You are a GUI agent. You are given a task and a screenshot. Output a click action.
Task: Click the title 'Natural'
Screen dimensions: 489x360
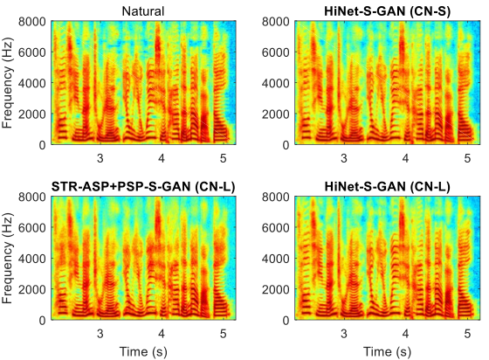click(x=143, y=11)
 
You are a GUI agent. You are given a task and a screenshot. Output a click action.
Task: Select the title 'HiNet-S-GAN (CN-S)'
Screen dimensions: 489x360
click(x=387, y=11)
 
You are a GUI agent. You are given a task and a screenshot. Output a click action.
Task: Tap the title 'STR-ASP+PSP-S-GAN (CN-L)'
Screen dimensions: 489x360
click(x=143, y=186)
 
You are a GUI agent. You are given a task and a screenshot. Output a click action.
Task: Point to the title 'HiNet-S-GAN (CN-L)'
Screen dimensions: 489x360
click(x=387, y=186)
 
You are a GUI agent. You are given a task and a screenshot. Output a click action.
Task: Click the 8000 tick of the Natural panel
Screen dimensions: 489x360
click(x=32, y=22)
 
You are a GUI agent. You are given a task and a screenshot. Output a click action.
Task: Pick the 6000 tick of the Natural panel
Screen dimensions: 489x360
click(x=32, y=52)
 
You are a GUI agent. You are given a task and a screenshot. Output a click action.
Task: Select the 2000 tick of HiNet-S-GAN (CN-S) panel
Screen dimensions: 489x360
click(x=276, y=114)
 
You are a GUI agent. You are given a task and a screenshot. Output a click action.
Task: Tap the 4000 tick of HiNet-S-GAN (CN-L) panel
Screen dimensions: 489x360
click(x=276, y=259)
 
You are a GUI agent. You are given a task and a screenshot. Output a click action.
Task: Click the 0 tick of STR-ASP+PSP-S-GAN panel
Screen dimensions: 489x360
click(x=43, y=321)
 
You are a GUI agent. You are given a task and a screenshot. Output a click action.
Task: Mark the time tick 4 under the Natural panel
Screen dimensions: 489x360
click(x=162, y=158)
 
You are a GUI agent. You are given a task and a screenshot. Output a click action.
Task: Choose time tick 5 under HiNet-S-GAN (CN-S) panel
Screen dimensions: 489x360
click(x=467, y=158)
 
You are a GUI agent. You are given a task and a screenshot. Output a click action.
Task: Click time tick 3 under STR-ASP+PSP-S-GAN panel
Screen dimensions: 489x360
click(x=100, y=334)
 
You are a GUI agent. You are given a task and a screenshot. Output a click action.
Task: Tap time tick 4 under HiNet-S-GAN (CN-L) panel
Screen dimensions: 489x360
click(x=405, y=334)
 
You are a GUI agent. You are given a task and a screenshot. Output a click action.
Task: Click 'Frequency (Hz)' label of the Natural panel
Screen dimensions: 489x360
click(x=7, y=83)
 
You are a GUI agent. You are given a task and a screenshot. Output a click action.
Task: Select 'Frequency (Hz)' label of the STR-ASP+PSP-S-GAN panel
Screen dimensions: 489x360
click(x=7, y=259)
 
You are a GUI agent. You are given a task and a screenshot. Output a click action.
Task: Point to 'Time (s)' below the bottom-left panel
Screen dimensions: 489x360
click(x=143, y=351)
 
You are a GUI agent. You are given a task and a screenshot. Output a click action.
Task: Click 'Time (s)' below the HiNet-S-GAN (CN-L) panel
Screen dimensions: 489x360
click(x=388, y=351)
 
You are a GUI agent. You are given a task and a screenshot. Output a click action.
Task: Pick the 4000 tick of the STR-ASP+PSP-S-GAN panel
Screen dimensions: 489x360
click(x=32, y=259)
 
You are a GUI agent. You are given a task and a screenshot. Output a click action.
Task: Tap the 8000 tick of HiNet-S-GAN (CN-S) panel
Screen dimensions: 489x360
click(x=276, y=22)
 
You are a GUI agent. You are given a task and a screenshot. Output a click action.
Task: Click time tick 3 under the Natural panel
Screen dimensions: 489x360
click(x=100, y=158)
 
